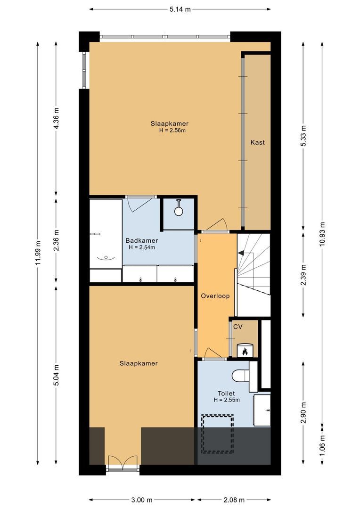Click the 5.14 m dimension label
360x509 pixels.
pyautogui.click(x=180, y=9)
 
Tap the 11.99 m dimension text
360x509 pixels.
pyautogui.click(x=38, y=253)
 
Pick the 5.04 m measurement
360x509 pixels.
pyautogui.click(x=56, y=375)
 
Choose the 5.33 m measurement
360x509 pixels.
pyautogui.click(x=304, y=136)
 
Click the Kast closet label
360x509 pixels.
pyautogui.click(x=257, y=142)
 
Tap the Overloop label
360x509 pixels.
pyautogui.click(x=215, y=296)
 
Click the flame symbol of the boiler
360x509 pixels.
pyautogui.click(x=245, y=351)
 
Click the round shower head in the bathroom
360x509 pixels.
pyautogui.click(x=179, y=211)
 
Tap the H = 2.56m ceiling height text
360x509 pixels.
pyautogui.click(x=172, y=131)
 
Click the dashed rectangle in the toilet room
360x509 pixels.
pyautogui.click(x=217, y=434)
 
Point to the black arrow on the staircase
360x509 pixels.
pyautogui.click(x=241, y=253)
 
